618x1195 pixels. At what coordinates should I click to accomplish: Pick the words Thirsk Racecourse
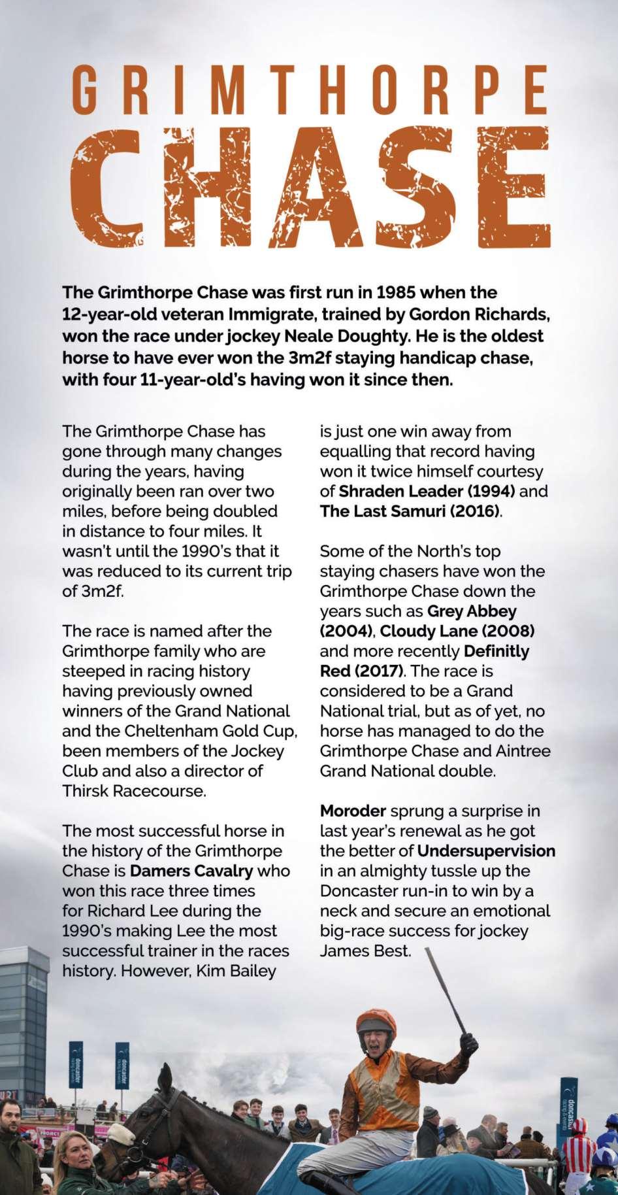coord(134,791)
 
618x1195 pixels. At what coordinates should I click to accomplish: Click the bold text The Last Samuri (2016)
coord(411,511)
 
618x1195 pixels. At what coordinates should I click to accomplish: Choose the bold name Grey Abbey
coord(472,611)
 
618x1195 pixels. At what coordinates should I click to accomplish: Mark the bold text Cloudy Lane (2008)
coord(457,631)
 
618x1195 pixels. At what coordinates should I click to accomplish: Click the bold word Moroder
coord(353,811)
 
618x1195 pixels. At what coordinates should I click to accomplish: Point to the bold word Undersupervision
coord(486,851)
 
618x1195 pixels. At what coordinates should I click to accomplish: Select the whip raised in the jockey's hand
coord(446,987)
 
